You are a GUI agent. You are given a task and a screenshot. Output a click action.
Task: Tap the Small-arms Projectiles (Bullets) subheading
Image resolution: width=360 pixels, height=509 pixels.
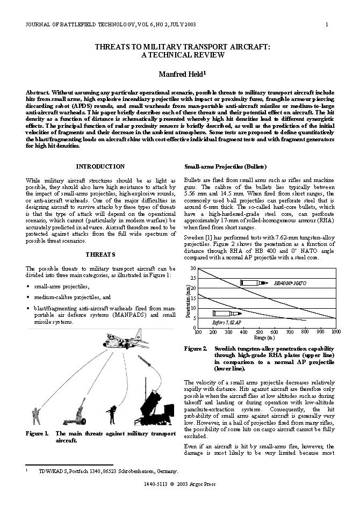225,166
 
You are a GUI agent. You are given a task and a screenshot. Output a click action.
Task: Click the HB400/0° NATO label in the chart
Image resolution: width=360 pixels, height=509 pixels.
290,282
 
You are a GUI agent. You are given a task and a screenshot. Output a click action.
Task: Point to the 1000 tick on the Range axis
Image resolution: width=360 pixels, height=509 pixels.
336,332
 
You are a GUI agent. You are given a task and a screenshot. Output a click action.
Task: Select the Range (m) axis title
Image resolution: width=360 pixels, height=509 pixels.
264,338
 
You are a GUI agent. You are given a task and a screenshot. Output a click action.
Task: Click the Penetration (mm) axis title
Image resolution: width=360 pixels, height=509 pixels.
188,301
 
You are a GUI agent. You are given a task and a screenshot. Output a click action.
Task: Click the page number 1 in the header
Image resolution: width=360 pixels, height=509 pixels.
327,25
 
